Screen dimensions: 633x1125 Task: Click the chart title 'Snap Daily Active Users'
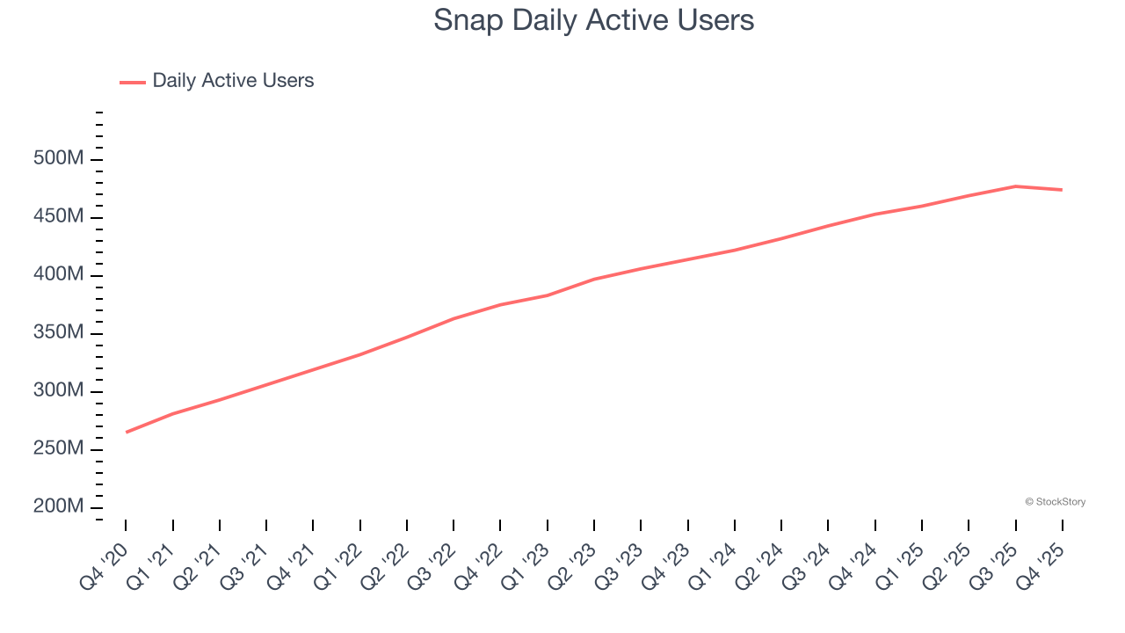point(593,20)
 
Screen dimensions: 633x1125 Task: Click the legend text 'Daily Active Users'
point(233,81)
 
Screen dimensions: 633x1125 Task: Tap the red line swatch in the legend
point(133,82)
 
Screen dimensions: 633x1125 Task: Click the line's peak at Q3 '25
point(1015,186)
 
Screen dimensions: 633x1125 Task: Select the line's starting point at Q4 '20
point(127,432)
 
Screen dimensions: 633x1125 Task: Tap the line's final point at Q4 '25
point(1062,190)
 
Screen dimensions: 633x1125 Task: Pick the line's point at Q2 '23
point(594,280)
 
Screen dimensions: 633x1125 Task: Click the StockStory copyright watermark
point(1055,502)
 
